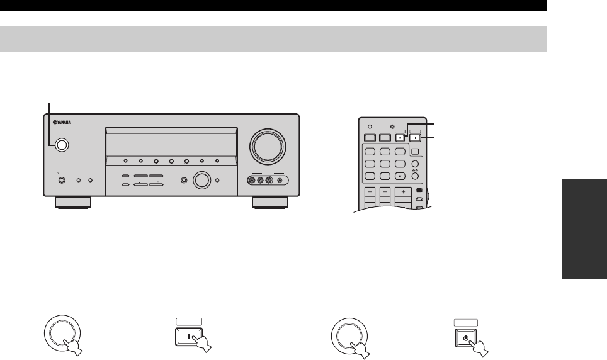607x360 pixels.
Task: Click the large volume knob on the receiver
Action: click(267, 146)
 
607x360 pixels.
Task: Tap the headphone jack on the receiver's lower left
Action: click(62, 181)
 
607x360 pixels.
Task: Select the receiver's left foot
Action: click(72, 203)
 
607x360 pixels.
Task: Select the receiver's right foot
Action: click(271, 203)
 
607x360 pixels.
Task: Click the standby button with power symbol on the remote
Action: click(400, 137)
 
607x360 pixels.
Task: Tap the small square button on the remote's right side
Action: click(416, 150)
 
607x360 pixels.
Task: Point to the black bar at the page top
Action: click(273, 5)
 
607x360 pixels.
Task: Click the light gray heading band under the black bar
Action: click(273, 38)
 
